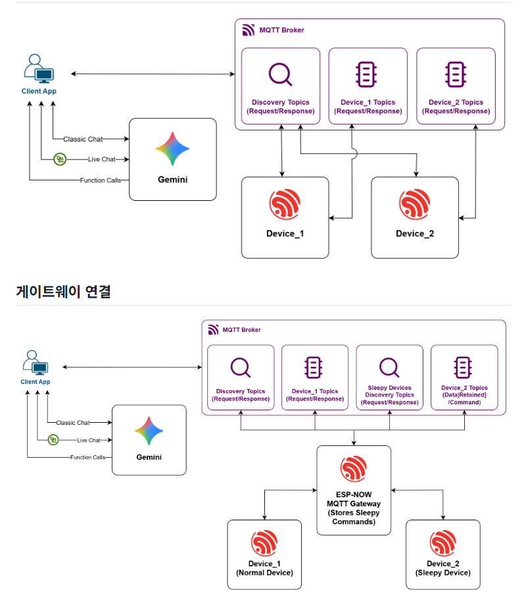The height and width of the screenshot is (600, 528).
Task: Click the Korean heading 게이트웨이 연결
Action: (63, 292)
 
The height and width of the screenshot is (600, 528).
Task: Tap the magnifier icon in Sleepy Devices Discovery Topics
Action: (389, 368)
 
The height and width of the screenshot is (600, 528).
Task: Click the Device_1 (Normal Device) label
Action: (264, 568)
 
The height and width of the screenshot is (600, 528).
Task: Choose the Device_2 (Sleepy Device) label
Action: (443, 568)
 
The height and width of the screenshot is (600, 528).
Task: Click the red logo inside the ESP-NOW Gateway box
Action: (354, 469)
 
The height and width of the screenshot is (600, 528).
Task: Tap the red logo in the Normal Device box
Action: (264, 543)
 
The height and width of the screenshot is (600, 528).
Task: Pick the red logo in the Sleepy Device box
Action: (443, 543)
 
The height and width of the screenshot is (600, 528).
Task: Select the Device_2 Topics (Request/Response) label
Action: (456, 107)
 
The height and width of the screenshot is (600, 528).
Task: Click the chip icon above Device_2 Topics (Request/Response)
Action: (456, 74)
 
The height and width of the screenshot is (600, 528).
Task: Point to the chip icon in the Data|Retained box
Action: (463, 368)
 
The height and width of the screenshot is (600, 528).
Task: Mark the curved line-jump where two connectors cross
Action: (354, 154)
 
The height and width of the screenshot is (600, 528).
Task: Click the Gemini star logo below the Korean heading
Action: (149, 431)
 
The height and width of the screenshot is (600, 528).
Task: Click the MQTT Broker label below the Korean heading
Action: (241, 330)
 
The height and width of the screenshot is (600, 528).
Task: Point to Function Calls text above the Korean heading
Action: (101, 180)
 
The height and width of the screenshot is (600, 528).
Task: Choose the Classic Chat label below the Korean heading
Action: (73, 423)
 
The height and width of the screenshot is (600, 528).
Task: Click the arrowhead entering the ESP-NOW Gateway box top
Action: (354, 443)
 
